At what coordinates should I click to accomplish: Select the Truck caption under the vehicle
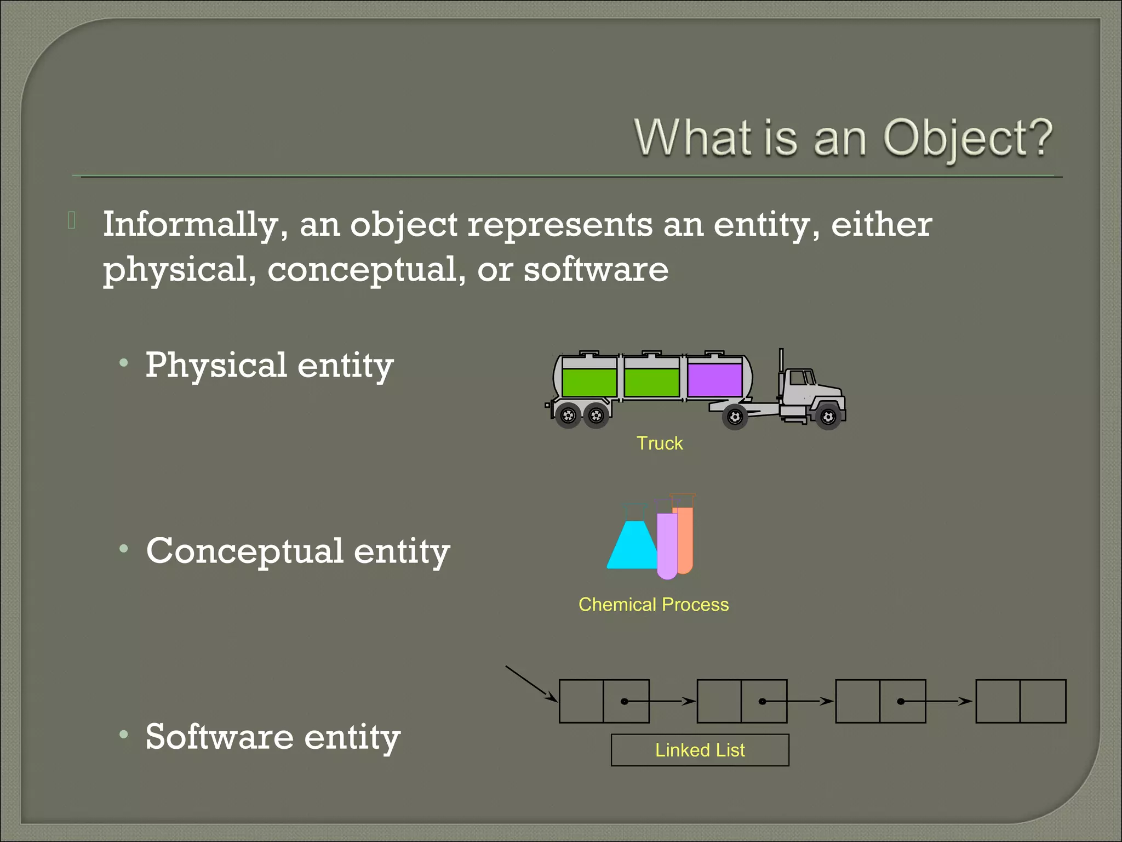pyautogui.click(x=659, y=443)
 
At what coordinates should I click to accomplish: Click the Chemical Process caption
pyautogui.click(x=654, y=604)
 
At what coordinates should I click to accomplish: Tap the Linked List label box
pyautogui.click(x=700, y=750)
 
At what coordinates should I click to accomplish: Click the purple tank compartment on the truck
pyautogui.click(x=714, y=380)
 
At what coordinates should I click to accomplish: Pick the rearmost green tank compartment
pyautogui.click(x=589, y=382)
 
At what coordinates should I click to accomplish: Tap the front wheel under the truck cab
pyautogui.click(x=828, y=418)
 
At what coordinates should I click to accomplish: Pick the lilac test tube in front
pyautogui.click(x=667, y=545)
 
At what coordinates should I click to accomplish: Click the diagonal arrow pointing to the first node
pyautogui.click(x=529, y=683)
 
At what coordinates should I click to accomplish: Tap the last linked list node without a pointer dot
pyautogui.click(x=1020, y=701)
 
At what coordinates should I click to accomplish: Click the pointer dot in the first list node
pyautogui.click(x=624, y=701)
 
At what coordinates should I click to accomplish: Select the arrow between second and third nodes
pyautogui.click(x=811, y=701)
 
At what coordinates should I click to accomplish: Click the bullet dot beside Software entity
pyautogui.click(x=124, y=734)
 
